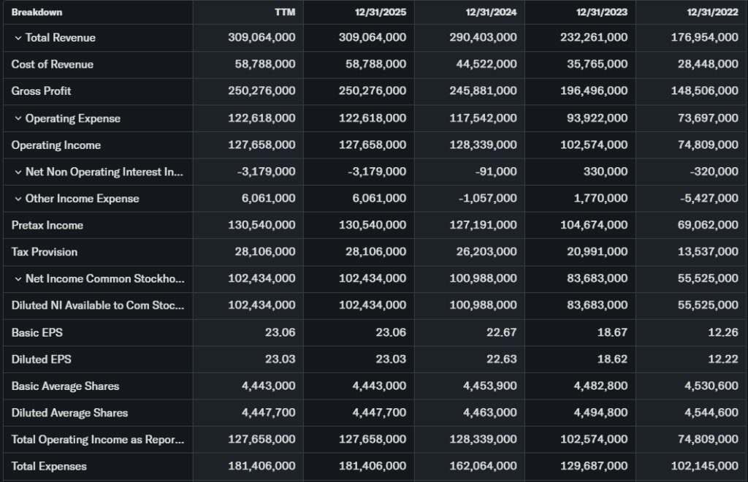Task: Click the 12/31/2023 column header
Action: (x=601, y=12)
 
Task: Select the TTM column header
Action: (x=285, y=12)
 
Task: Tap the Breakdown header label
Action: (x=37, y=12)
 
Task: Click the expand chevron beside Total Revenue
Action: (x=18, y=38)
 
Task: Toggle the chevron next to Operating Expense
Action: (x=18, y=118)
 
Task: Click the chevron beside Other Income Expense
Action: (x=18, y=199)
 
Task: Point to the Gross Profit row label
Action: (x=41, y=91)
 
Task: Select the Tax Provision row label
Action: (x=44, y=252)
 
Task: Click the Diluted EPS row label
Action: (x=41, y=359)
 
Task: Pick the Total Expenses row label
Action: (x=49, y=466)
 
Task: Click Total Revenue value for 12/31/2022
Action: (x=704, y=38)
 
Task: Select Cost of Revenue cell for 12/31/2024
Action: (x=483, y=64)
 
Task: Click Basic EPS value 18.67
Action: (x=612, y=332)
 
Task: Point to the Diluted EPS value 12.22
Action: (x=723, y=359)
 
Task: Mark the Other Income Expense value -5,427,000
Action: (x=707, y=199)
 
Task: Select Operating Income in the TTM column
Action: (x=262, y=145)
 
